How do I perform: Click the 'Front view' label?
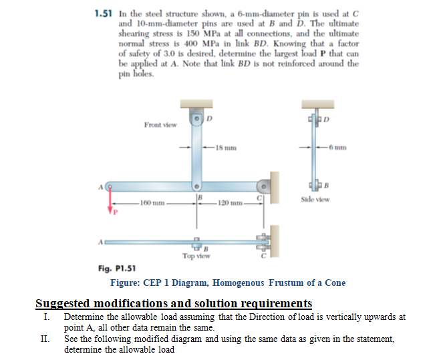click(160, 125)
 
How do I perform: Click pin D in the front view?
click(197, 118)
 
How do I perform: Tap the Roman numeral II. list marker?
click(45, 339)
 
